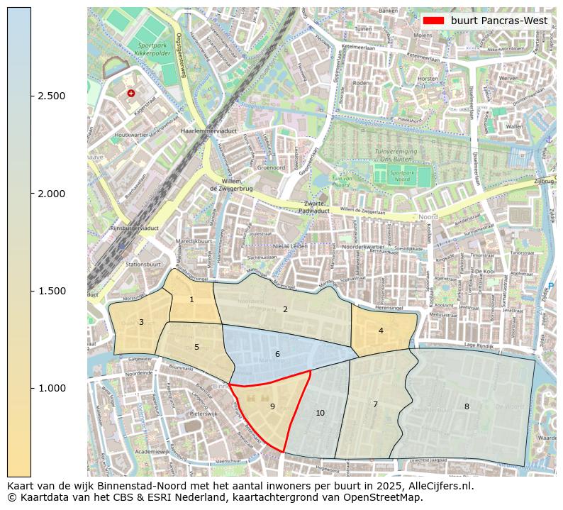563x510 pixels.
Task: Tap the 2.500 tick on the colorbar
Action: click(x=51, y=96)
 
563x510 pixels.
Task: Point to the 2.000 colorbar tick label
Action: click(x=51, y=194)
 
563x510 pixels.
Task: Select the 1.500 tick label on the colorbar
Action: click(x=51, y=291)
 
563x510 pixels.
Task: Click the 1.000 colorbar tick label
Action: click(x=51, y=388)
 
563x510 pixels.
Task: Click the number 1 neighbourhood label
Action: click(x=191, y=300)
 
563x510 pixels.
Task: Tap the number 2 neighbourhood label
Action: click(x=285, y=309)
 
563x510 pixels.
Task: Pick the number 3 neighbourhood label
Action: click(x=141, y=323)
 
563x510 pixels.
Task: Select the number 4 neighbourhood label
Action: click(x=381, y=331)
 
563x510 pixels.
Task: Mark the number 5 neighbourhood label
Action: click(x=196, y=347)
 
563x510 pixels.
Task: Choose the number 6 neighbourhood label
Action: click(x=277, y=354)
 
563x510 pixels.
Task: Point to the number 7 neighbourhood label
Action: click(x=375, y=404)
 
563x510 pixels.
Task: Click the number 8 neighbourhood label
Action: click(x=467, y=406)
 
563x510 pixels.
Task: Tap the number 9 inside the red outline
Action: click(x=272, y=406)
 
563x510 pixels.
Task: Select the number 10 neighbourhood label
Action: click(x=320, y=413)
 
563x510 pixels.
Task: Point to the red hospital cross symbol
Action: click(x=130, y=93)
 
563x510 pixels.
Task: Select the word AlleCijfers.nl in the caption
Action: click(x=435, y=487)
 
